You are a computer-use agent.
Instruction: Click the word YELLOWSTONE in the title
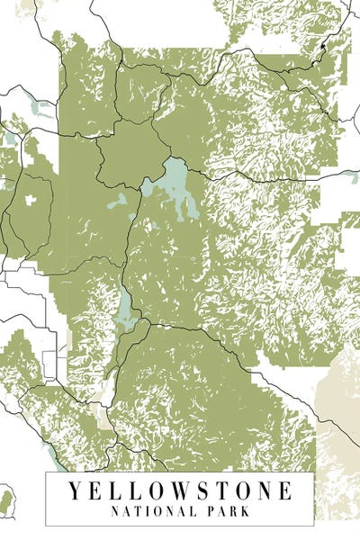(179, 491)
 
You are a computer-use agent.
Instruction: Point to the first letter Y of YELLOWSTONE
(73, 491)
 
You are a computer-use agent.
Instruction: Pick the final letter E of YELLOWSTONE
(285, 491)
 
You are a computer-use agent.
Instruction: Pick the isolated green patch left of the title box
(8, 500)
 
